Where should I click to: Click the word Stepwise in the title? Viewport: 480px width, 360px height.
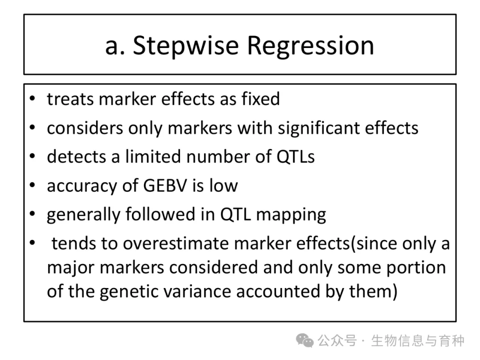coord(186,46)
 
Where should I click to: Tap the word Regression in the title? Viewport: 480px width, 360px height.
coord(310,46)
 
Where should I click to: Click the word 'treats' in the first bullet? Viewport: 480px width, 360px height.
coord(70,99)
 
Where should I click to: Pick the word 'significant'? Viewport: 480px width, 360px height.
coord(318,128)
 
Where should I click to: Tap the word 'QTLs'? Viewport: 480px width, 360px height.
coord(296,156)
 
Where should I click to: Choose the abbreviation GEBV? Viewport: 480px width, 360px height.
coord(165,186)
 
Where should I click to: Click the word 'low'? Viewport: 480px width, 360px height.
coord(224,185)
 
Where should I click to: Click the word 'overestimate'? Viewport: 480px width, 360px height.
coord(176,244)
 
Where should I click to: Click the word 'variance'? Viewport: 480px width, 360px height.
coord(197,291)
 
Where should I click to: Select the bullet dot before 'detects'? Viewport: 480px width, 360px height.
coord(32,156)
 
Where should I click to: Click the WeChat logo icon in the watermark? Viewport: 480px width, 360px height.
coord(304,340)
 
